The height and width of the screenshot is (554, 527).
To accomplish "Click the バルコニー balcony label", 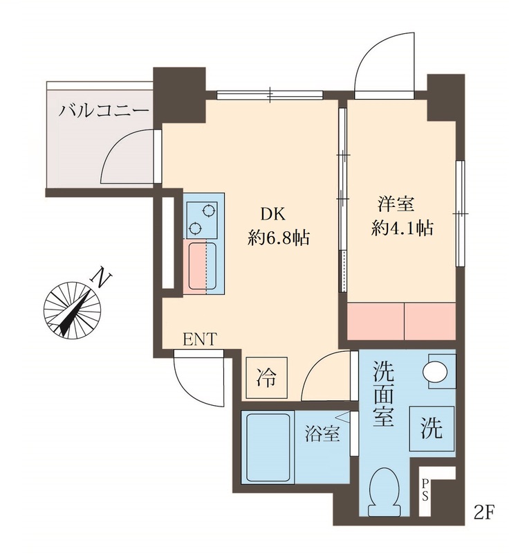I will point(104,109).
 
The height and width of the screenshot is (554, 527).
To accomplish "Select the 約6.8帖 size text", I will point(279,238).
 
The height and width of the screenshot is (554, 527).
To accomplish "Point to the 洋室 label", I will point(395,204).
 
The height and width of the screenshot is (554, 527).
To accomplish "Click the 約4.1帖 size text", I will point(402,229).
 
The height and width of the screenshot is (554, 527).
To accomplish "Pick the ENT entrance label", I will point(200,339).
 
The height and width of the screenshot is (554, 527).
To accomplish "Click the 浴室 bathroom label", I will point(322,435).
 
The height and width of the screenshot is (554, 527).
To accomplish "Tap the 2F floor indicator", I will point(485,514).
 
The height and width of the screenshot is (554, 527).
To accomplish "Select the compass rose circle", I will point(71,310).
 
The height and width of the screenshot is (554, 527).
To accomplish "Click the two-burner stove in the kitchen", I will point(203,217).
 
